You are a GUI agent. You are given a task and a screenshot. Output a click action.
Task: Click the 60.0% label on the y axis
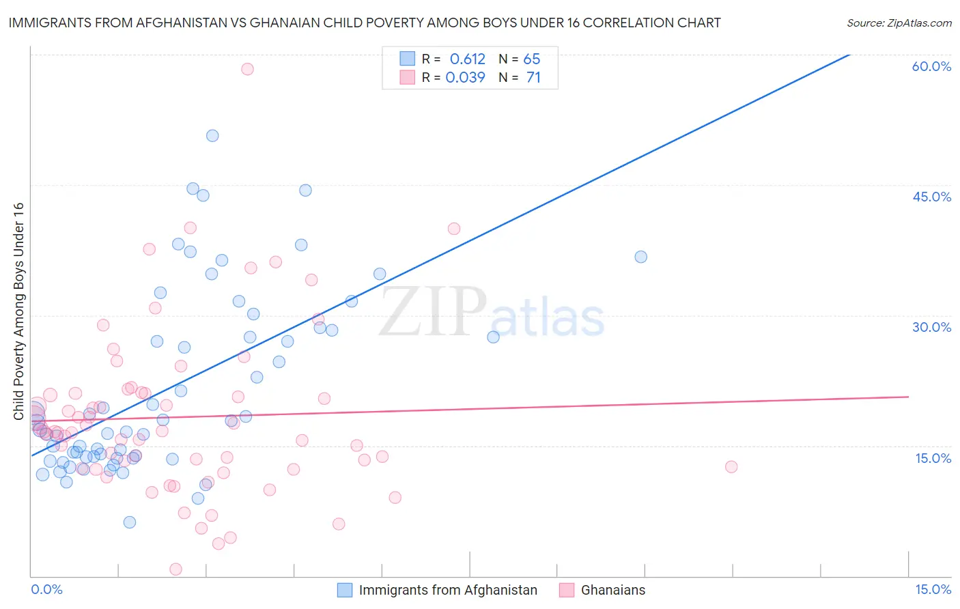pos(931,66)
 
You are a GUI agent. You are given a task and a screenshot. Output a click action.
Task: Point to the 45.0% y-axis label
pos(931,197)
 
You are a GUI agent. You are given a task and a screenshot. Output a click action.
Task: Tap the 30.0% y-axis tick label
pos(931,327)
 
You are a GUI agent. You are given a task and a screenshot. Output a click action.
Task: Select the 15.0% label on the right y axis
pos(933,458)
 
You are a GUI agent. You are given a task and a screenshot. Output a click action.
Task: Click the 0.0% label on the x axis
pos(46,589)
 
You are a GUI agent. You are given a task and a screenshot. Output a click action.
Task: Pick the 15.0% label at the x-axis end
pos(933,589)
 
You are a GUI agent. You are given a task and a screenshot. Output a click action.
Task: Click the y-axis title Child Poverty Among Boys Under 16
pos(18,311)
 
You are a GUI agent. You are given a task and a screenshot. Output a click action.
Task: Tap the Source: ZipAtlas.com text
pos(899,23)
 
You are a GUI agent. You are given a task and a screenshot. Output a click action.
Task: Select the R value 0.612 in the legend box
pos(467,59)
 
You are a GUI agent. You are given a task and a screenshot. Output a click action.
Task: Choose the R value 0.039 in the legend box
pos(465,78)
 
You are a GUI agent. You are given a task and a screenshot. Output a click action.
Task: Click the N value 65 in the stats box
pos(531,59)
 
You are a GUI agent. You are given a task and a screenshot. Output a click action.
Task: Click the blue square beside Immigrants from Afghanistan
pos(345,590)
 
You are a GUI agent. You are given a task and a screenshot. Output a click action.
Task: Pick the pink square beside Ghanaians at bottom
pos(567,590)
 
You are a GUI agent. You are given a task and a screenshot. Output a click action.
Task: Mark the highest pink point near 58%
pos(247,69)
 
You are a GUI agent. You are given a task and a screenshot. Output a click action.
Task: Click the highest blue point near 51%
pos(212,136)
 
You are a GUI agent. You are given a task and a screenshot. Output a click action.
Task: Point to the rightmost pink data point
pos(731,467)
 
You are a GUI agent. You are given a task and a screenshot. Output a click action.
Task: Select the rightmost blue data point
pos(640,257)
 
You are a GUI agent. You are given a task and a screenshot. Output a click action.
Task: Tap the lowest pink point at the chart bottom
pos(175,569)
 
